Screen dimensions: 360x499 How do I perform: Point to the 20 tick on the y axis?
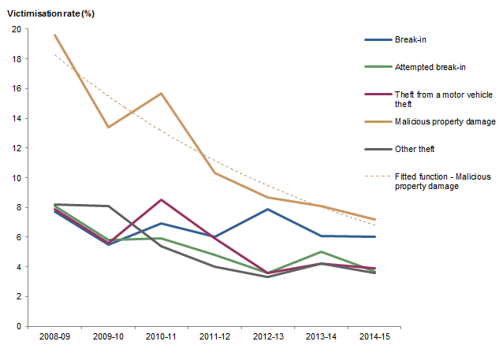[16, 29]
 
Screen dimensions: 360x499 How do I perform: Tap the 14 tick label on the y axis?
[16, 118]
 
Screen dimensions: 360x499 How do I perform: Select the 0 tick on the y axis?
[18, 326]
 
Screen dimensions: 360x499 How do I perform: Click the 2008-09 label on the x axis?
[54, 336]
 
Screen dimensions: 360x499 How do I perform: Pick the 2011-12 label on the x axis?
[214, 336]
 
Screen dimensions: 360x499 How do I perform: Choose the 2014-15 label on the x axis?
[374, 336]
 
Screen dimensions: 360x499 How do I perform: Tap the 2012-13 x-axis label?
[267, 336]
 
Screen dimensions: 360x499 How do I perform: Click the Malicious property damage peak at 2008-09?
[54, 35]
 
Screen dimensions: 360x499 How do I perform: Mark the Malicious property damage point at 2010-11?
[161, 94]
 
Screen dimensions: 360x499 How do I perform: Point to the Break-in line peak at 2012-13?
[267, 210]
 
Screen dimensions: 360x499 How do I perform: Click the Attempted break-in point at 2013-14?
[321, 252]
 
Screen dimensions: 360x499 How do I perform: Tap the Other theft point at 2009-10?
[107, 206]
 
